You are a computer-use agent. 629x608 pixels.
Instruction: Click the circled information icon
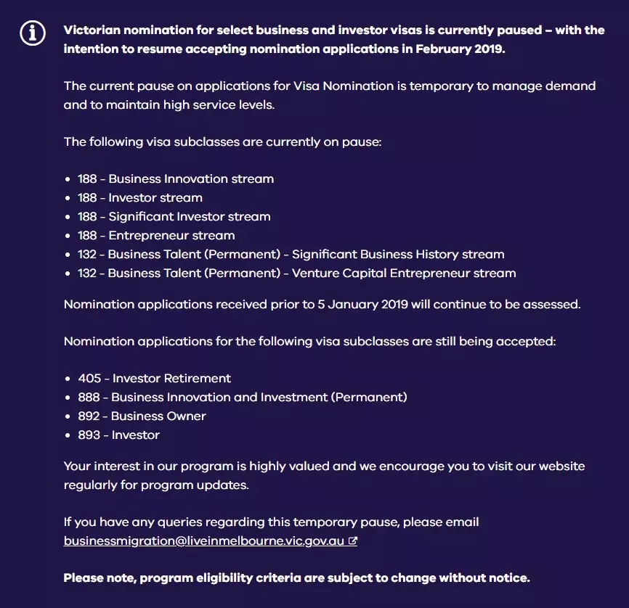point(33,33)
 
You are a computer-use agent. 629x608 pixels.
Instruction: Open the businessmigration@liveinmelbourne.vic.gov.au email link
point(203,541)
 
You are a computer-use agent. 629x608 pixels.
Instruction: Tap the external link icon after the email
point(353,541)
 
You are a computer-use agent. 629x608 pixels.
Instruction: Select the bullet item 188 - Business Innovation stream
point(176,178)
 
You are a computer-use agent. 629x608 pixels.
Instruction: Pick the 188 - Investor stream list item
point(140,197)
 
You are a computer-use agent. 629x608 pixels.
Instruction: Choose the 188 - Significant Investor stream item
point(174,216)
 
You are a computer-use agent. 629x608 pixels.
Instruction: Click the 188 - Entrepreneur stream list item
point(156,235)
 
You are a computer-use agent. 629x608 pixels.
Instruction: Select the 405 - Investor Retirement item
point(154,378)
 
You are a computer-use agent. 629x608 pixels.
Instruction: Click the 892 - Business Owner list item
point(142,416)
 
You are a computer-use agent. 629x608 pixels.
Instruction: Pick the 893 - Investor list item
point(118,435)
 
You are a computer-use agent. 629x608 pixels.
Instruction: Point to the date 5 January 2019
point(362,304)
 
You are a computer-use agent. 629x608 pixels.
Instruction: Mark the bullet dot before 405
point(68,379)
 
